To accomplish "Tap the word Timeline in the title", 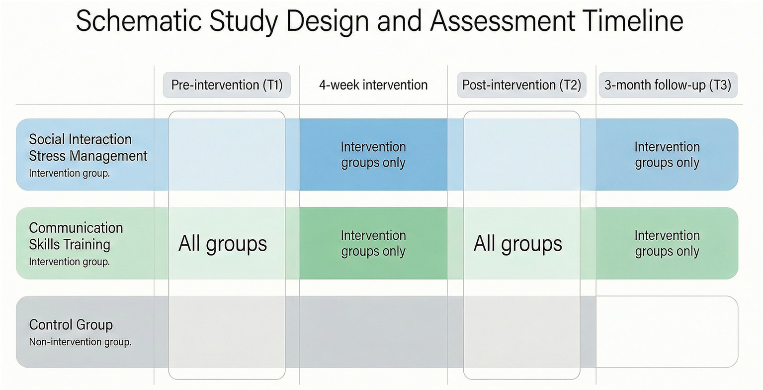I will (632, 21).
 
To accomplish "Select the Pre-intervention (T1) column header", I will (227, 85).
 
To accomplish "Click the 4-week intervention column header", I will (373, 85).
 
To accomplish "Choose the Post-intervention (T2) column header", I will (521, 85).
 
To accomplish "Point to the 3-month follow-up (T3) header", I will (668, 85).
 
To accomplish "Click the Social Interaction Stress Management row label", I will (88, 147).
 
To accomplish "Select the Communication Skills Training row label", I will (76, 236).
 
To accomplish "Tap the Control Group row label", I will (71, 325).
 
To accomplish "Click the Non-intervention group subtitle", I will (80, 342).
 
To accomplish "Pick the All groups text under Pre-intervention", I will (223, 244).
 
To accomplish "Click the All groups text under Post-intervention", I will (517, 244).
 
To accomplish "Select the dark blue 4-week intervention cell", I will (373, 155).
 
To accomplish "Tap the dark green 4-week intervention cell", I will (373, 243).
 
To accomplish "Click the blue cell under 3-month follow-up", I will (667, 155).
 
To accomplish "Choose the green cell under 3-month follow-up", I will (667, 243).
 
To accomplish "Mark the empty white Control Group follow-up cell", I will (667, 332).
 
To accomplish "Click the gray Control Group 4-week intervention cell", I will (373, 332).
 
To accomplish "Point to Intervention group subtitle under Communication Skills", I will (69, 262).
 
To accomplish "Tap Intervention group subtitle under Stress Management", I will (69, 174).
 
